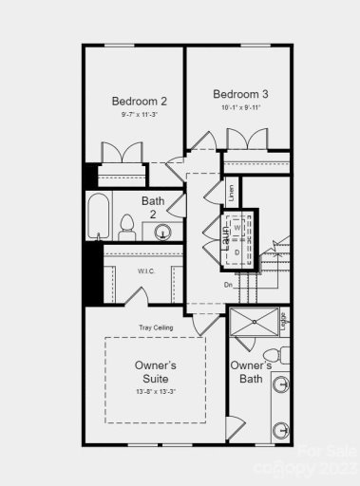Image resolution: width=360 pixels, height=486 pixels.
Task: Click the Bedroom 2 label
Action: click(x=139, y=102)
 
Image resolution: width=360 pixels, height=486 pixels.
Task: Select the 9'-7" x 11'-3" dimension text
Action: click(x=139, y=115)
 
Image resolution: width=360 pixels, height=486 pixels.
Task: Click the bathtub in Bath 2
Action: click(x=98, y=218)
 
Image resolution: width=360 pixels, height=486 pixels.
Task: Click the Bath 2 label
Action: click(x=154, y=207)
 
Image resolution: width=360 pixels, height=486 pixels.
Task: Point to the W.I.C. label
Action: click(x=146, y=271)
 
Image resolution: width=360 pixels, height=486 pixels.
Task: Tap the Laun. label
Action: click(x=226, y=233)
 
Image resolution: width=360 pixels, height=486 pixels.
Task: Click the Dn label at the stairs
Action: click(x=228, y=285)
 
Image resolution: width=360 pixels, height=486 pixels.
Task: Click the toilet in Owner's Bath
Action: click(x=280, y=432)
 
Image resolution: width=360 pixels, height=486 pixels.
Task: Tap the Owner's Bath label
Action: click(x=252, y=372)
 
